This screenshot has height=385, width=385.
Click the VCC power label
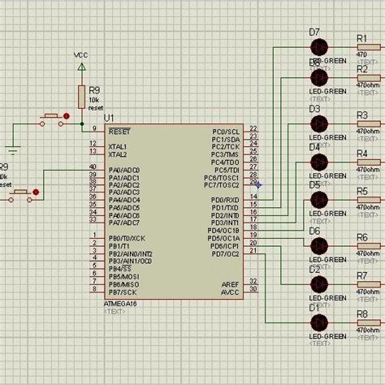(x=80, y=55)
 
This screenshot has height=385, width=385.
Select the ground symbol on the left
(x=12, y=149)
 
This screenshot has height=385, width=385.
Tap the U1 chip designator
(x=110, y=119)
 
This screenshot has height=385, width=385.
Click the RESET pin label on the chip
(x=120, y=130)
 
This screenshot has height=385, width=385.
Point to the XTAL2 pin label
(x=118, y=154)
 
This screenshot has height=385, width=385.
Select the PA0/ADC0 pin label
(x=124, y=170)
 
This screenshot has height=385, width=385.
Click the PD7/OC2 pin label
(x=225, y=253)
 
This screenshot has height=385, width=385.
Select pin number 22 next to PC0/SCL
(x=254, y=129)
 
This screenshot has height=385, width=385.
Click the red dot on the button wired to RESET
(x=66, y=117)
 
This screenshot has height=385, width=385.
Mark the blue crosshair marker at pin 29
(x=258, y=184)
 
